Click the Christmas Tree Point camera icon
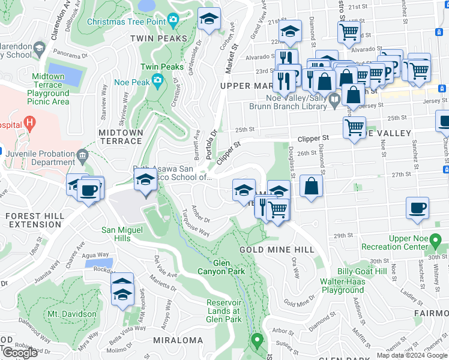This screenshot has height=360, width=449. coord(173,20)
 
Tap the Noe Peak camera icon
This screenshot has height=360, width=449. coord(157,79)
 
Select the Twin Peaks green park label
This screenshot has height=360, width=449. coord(161,67)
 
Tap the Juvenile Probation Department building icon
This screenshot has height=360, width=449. coord(82,155)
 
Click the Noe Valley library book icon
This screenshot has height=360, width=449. coord(334,97)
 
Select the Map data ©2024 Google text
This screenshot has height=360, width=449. coord(411,355)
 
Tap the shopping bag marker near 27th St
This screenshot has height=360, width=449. coord(311,185)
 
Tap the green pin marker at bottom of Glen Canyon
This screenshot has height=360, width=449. coord(258,341)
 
